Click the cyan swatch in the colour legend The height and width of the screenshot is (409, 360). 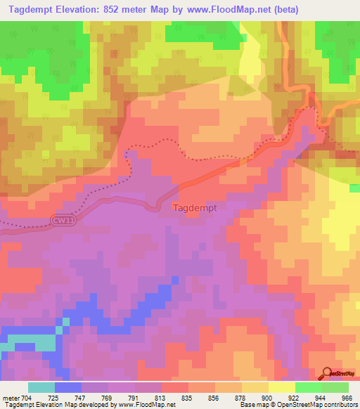coord(41,387)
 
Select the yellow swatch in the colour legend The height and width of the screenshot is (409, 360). coord(282,387)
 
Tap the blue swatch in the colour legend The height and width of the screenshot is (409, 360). coord(68,387)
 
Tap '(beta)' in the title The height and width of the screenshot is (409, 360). coord(283,10)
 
